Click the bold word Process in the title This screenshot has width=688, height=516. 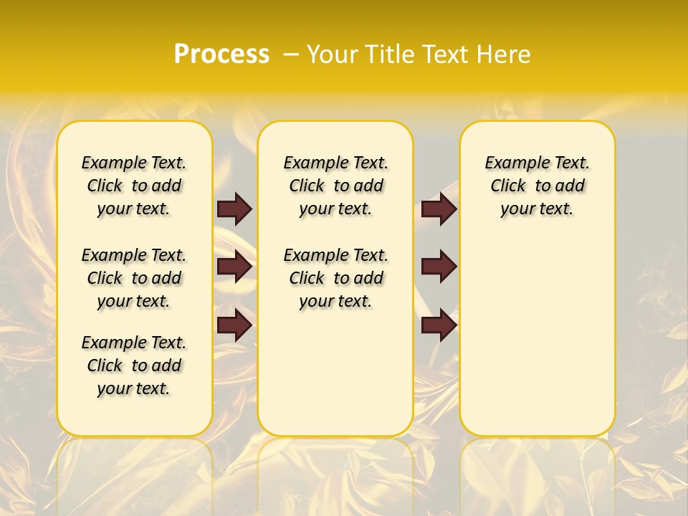click(x=221, y=54)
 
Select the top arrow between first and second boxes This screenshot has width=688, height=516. click(x=234, y=209)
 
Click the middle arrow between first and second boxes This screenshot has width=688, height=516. click(x=234, y=267)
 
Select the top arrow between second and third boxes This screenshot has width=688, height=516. click(x=439, y=209)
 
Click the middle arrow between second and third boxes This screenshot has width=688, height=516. click(x=439, y=267)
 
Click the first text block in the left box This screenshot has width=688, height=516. click(x=134, y=186)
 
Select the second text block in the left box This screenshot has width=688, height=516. click(x=134, y=278)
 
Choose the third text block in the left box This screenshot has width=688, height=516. click(x=134, y=365)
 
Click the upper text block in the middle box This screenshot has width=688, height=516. click(x=335, y=186)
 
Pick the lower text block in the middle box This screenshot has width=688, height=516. click(x=335, y=278)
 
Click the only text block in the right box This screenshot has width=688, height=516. click(x=537, y=186)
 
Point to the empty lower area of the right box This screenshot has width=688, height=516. click(x=537, y=337)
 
